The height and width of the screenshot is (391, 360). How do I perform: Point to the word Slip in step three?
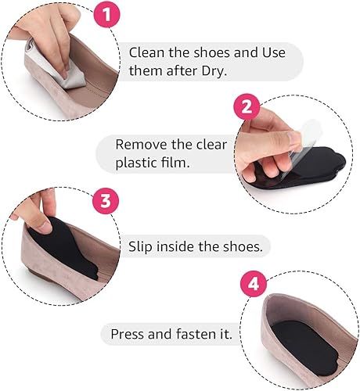(x=142, y=246)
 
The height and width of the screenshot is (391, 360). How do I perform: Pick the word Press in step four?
(x=130, y=335)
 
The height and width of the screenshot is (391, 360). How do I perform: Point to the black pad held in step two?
(x=282, y=160)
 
